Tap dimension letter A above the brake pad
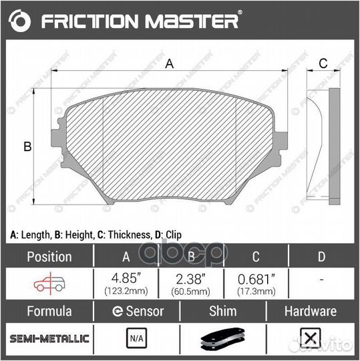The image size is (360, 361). [170, 64]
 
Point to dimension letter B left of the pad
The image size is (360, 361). [27, 147]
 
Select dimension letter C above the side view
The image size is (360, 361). [322, 64]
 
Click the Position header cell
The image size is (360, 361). [48, 256]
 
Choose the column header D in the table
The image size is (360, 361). [321, 256]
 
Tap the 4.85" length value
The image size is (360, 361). [124, 277]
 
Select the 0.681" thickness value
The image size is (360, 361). [256, 277]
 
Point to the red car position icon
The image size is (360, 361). [48, 283]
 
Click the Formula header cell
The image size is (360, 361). [48, 312]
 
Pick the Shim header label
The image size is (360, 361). [222, 312]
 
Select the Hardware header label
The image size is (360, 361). [311, 312]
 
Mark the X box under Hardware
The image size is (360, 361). [309, 339]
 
